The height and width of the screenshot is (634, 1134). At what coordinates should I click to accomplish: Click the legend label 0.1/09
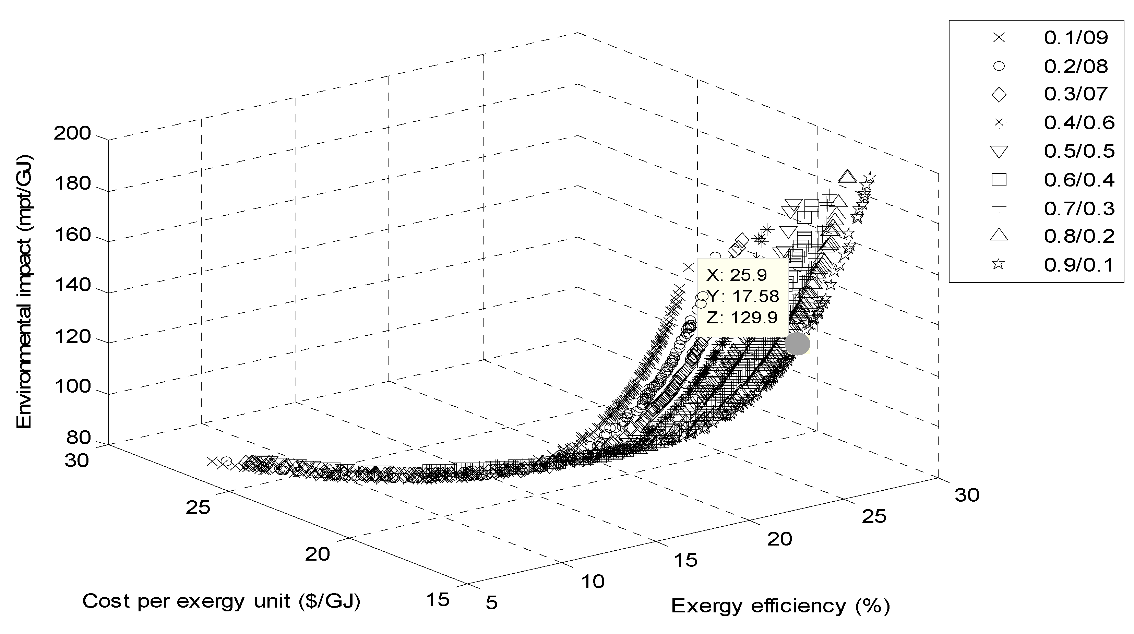[1075, 38]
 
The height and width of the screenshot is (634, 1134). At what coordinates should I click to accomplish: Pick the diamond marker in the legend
[999, 94]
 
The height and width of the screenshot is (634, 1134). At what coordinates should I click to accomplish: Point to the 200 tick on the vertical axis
[72, 133]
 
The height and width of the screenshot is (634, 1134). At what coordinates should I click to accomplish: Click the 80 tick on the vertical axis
[79, 438]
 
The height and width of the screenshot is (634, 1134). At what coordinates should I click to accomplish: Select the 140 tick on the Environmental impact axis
[72, 286]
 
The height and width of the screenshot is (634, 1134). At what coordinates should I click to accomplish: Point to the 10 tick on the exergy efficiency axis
[593, 582]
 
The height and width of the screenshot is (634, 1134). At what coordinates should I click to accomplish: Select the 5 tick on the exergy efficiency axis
[492, 603]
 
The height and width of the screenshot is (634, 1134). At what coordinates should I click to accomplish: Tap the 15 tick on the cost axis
[438, 600]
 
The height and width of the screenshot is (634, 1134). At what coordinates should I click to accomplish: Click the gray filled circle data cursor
[797, 344]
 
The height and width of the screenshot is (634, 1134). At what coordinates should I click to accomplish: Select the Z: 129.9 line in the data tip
[742, 318]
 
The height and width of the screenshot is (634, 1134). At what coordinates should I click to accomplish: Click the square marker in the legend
[999, 180]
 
